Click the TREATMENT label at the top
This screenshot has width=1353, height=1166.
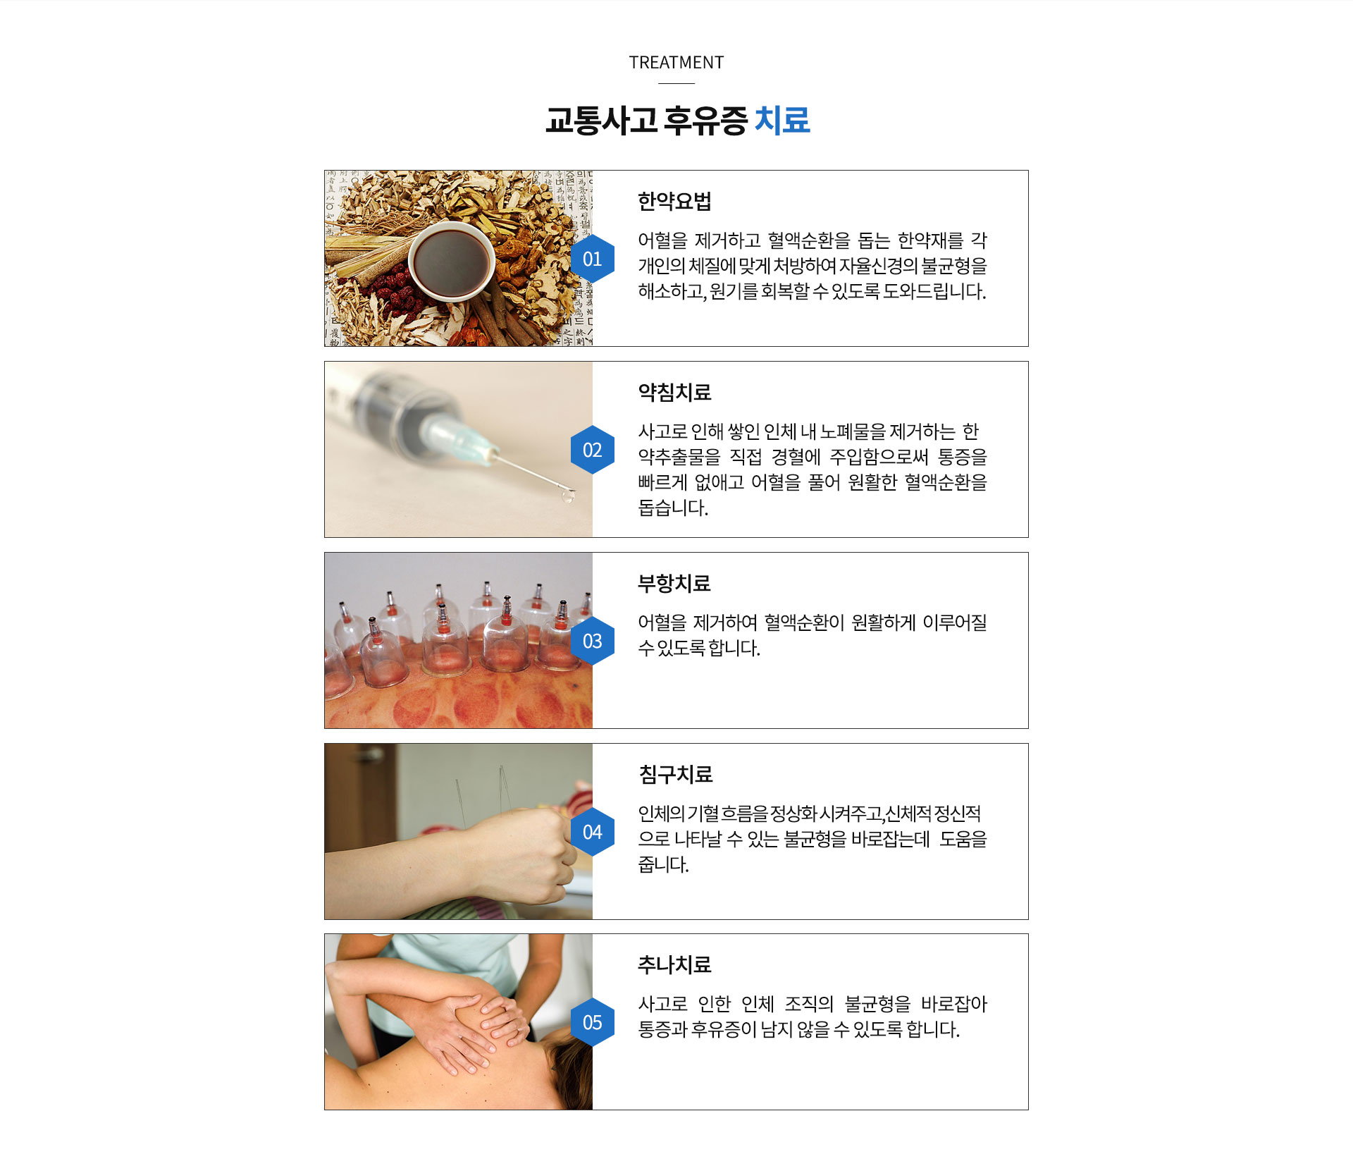(676, 63)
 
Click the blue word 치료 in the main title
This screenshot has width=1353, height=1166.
(781, 120)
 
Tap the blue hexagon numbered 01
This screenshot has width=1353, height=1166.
(592, 259)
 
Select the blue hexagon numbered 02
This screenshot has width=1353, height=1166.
(592, 450)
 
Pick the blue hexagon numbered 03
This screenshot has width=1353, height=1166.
(592, 641)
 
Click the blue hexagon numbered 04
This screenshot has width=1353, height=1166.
(592, 832)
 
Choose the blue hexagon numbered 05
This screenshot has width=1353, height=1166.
(592, 1022)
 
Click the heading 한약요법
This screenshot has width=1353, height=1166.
(674, 202)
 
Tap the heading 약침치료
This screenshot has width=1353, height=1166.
(674, 393)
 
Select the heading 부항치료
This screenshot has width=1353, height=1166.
(674, 584)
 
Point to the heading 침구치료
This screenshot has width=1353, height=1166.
(676, 775)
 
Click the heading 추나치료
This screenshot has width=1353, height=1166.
(674, 965)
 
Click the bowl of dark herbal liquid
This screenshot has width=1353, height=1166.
(452, 262)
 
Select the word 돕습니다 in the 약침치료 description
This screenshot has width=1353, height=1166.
(672, 508)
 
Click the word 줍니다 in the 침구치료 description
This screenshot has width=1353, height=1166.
(662, 865)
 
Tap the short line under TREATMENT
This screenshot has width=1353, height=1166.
(676, 83)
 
